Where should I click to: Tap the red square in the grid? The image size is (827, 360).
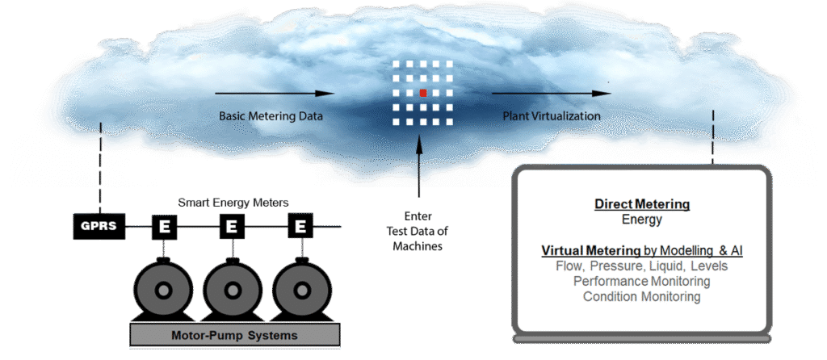[422, 93]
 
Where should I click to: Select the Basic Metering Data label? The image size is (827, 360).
[271, 116]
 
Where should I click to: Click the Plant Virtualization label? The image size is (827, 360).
[552, 116]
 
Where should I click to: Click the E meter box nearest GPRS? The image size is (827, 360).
[163, 227]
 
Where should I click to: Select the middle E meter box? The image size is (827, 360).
[232, 227]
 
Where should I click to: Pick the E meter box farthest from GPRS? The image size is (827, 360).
[300, 227]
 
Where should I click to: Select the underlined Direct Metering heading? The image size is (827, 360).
[642, 205]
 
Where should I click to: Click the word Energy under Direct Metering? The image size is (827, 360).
[641, 219]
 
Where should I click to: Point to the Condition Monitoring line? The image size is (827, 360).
[641, 296]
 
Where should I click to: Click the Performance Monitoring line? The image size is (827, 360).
[641, 281]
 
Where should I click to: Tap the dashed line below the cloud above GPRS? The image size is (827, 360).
[100, 170]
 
